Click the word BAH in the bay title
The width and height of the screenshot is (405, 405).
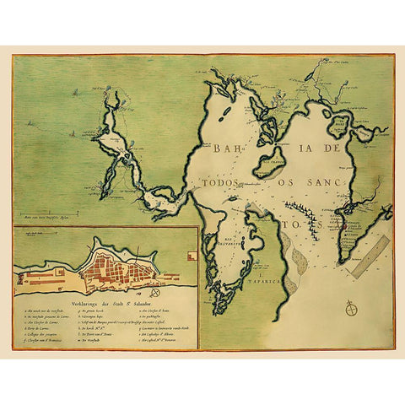tap(228, 150)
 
